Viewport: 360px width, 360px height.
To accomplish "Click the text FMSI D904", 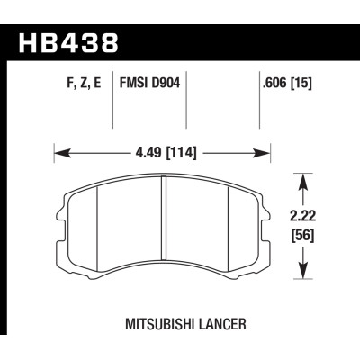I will pos(148,91).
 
